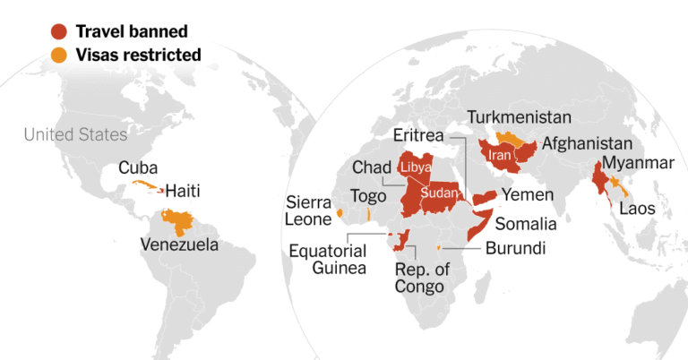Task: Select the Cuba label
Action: coord(138,167)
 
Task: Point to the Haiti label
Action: coord(182,191)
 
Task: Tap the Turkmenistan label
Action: coord(520,118)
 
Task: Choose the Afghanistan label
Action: coord(587,143)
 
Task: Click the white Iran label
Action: coord(498,155)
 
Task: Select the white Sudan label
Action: coord(438,193)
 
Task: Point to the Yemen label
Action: coord(527,195)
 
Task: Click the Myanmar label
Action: coord(637,163)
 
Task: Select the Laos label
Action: coord(640,208)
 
